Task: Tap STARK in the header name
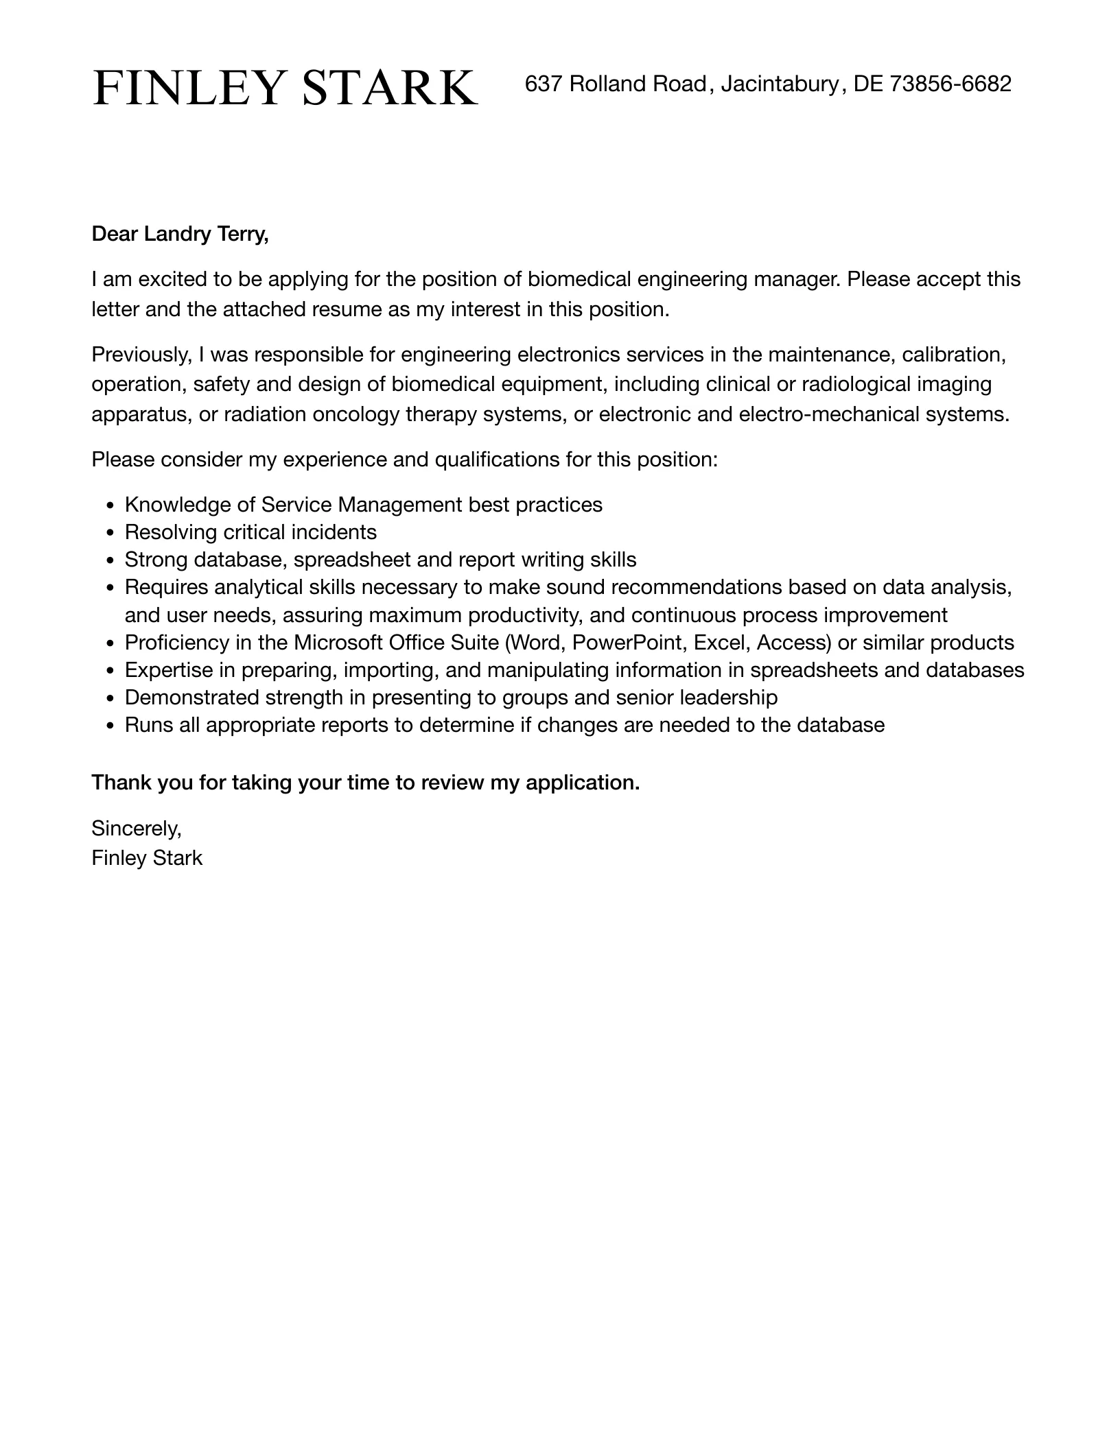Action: coord(390,88)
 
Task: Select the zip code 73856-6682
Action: coord(950,84)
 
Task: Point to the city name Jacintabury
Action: coord(780,84)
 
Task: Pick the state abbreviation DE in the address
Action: coord(868,84)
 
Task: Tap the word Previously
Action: coord(141,355)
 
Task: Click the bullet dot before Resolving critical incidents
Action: coord(111,533)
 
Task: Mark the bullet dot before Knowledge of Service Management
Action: coord(111,506)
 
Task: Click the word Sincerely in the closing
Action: coord(136,829)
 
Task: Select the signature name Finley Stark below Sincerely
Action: coord(147,858)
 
